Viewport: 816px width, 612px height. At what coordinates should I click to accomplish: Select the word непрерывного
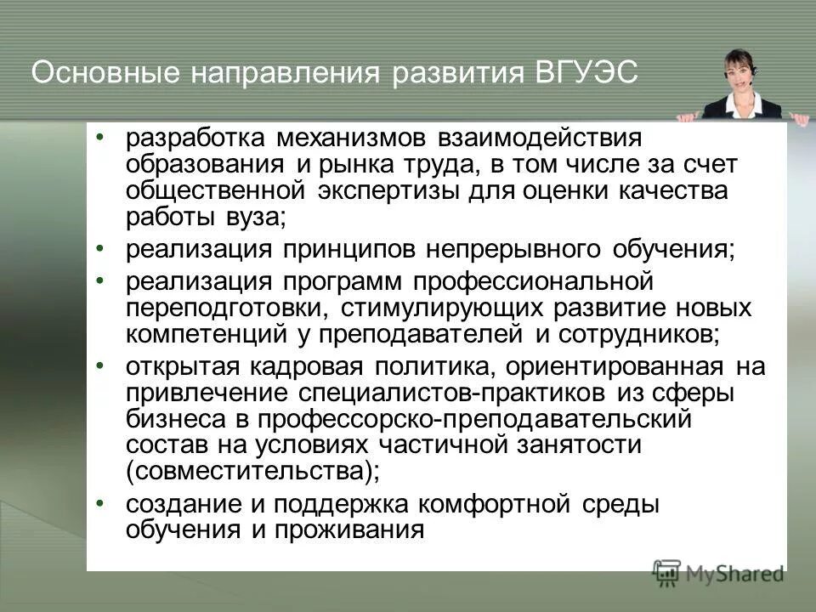(x=515, y=250)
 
